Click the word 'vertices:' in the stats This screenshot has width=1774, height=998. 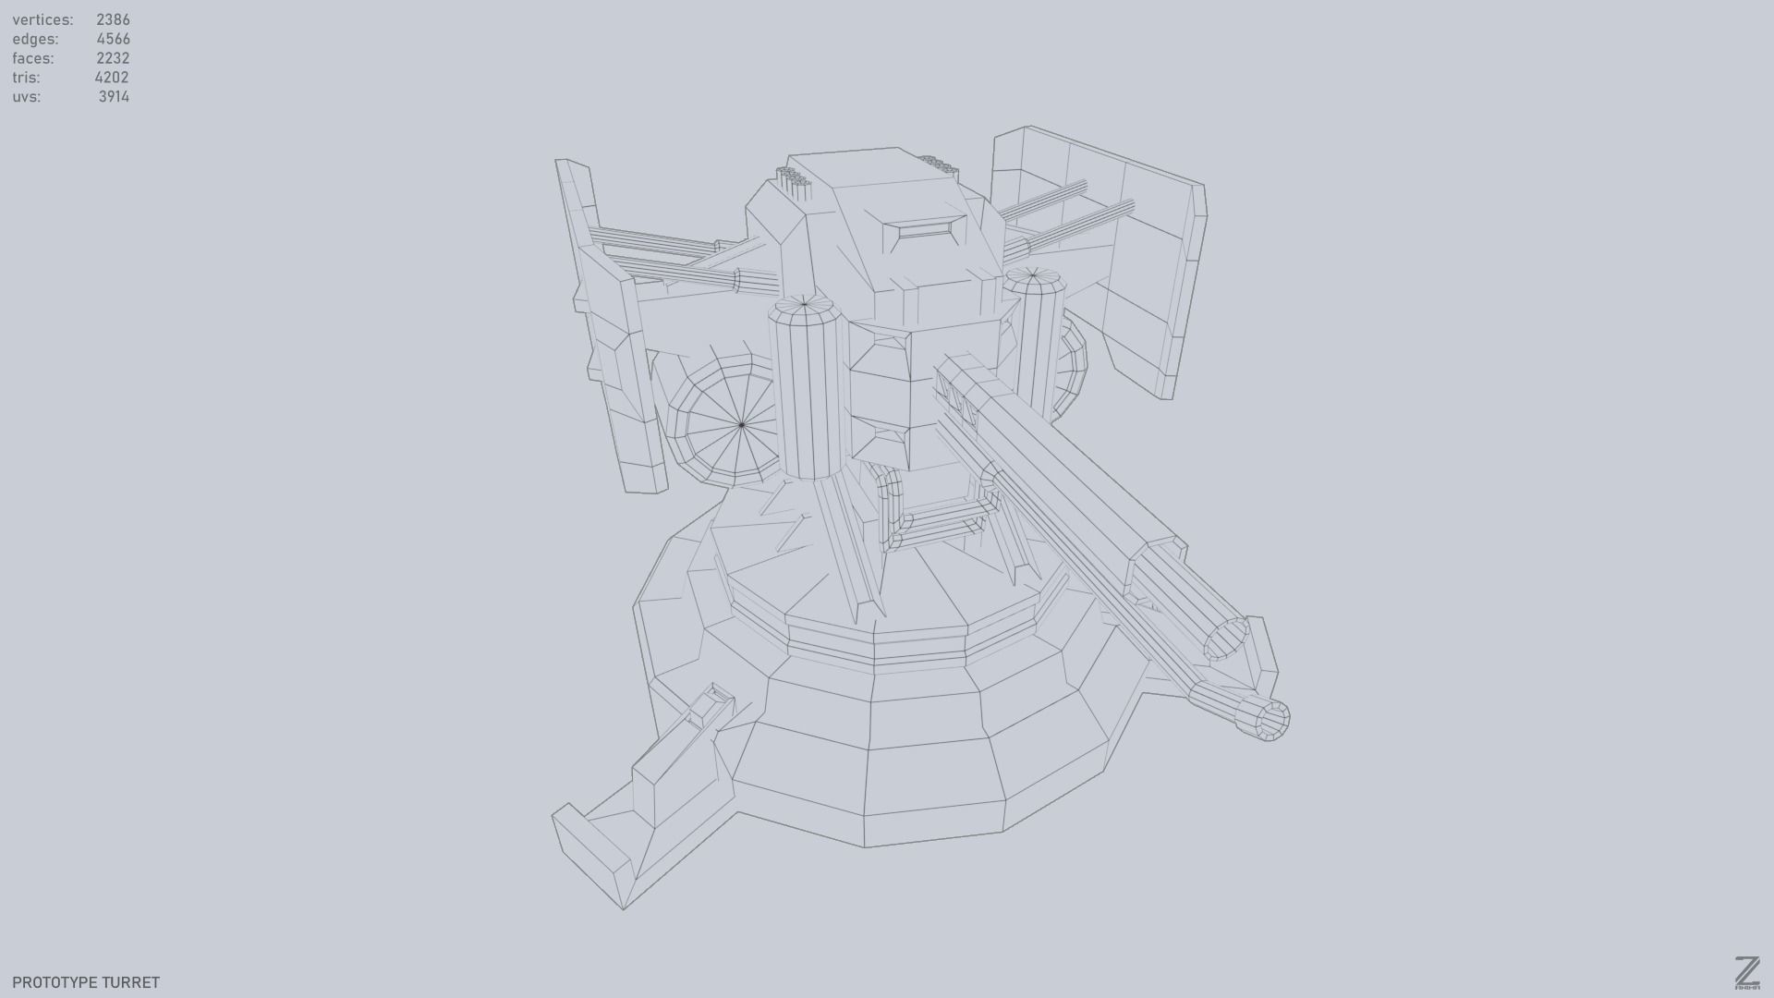click(43, 19)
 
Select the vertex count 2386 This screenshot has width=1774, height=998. click(113, 19)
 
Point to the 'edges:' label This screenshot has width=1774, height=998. click(35, 39)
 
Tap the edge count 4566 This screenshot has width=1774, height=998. click(113, 39)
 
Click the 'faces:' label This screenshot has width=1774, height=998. click(33, 58)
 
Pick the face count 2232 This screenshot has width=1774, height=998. click(113, 58)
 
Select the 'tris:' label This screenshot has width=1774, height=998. click(26, 78)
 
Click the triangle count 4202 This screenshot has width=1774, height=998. click(112, 78)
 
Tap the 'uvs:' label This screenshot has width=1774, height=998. click(26, 97)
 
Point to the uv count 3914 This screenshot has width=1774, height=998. click(114, 97)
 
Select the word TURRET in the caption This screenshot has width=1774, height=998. click(131, 982)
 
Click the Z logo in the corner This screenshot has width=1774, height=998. click(1746, 973)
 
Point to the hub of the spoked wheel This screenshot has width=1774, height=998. click(742, 425)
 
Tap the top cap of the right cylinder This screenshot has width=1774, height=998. click(1034, 276)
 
